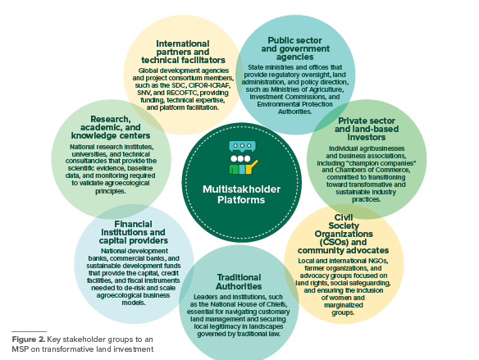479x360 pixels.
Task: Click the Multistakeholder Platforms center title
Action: tap(241, 194)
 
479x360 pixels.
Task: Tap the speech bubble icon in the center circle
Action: tap(242, 147)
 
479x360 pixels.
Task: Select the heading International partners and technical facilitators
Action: tap(183, 52)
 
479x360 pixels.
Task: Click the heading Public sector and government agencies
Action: tap(295, 49)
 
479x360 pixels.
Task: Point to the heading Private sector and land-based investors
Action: tap(367, 130)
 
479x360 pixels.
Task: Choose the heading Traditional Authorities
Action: tap(239, 282)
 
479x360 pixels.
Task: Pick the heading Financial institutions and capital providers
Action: tap(133, 232)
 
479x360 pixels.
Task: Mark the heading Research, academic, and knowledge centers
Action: tap(111, 127)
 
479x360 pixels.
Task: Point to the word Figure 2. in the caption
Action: tap(29, 339)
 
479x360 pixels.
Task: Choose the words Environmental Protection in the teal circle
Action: tap(294, 104)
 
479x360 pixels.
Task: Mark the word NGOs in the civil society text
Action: tap(379, 261)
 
